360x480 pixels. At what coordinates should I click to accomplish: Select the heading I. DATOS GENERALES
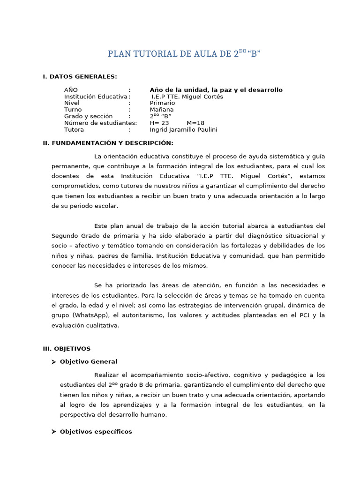(80, 77)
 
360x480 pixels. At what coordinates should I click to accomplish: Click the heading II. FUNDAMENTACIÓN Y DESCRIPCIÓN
(108, 143)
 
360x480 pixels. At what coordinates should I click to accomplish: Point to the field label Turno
(73, 110)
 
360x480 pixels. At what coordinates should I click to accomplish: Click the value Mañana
(162, 110)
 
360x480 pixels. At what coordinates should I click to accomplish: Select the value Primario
(162, 103)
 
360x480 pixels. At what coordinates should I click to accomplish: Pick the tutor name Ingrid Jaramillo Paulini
(183, 130)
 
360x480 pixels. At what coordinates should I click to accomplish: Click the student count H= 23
(159, 123)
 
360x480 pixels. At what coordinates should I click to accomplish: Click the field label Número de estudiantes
(100, 123)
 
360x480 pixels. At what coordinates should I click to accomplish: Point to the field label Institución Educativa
(96, 97)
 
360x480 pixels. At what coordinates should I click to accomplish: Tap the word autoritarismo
(138, 315)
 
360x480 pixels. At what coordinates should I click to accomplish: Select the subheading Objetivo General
(89, 362)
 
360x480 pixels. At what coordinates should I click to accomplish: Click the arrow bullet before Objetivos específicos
(54, 432)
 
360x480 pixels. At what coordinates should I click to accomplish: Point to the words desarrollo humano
(141, 415)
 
